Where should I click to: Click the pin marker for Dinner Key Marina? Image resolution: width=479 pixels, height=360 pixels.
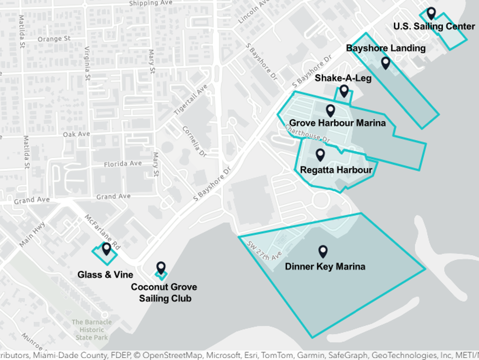(x=323, y=251)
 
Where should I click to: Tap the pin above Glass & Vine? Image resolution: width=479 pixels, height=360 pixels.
(x=106, y=249)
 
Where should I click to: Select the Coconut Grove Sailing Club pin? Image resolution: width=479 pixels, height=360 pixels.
(x=161, y=267)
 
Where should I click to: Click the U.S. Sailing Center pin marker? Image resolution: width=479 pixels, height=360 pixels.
(x=431, y=13)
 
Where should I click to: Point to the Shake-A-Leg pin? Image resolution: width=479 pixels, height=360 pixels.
(x=344, y=91)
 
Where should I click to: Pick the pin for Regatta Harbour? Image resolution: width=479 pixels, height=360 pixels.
(x=321, y=154)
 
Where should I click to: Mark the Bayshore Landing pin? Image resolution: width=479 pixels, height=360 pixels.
(x=385, y=63)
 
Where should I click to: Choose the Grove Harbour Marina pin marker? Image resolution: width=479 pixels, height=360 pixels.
(x=331, y=110)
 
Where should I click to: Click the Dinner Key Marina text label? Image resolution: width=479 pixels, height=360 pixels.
(x=325, y=266)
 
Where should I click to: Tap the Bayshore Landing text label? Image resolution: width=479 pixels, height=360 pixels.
(x=385, y=48)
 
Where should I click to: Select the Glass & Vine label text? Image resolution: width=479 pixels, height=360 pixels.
(x=105, y=275)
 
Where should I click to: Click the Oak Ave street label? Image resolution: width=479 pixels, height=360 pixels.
(x=76, y=134)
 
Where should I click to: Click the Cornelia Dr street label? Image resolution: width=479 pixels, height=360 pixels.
(x=194, y=141)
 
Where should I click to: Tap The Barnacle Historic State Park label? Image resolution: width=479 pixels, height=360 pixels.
(x=92, y=330)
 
